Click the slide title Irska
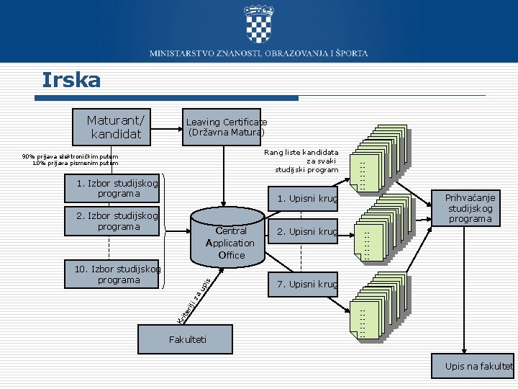click(71, 79)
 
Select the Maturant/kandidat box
click(115, 126)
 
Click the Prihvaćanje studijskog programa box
click(469, 208)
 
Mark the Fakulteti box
click(187, 339)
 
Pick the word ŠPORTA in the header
click(351, 53)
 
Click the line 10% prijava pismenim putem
click(75, 163)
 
